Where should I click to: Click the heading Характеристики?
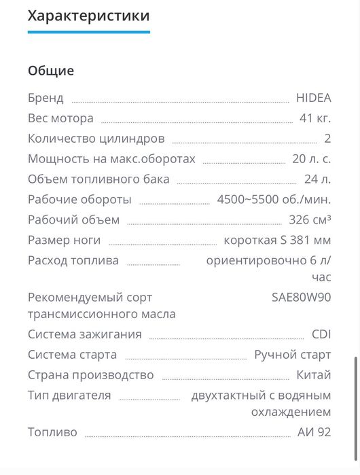tap(88, 15)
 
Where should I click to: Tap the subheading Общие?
tap(51, 71)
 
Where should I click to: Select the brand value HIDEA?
tap(313, 97)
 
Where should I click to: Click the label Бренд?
tap(46, 97)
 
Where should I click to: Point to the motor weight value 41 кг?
tap(315, 118)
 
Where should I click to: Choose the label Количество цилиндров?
tap(96, 139)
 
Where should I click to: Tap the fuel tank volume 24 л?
tap(317, 179)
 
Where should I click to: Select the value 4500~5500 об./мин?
tap(274, 200)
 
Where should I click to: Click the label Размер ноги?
tap(64, 240)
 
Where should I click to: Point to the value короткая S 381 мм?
tap(277, 240)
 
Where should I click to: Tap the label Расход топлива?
tap(73, 260)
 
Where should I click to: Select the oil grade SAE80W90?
tap(301, 297)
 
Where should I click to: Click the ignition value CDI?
tap(321, 334)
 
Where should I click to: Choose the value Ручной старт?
tap(292, 354)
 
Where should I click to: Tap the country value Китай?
tap(314, 374)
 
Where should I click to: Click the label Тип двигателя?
tap(69, 395)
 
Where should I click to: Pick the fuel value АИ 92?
tap(314, 432)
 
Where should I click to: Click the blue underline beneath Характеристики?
tap(88, 32)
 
